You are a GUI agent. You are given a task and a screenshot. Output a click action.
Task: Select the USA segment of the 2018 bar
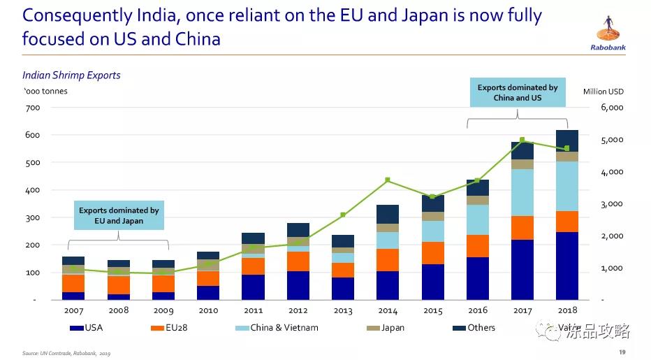[x=566, y=266]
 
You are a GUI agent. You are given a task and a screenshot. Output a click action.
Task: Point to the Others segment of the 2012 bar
[x=298, y=230]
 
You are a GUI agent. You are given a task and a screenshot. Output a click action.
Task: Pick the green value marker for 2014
[x=387, y=180]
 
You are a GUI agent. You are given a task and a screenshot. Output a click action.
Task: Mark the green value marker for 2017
[x=522, y=140]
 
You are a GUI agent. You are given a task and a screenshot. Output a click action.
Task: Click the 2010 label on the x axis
[x=207, y=310]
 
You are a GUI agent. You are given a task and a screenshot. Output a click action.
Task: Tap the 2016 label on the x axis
[x=477, y=310]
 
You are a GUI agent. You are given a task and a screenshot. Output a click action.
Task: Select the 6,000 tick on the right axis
[x=611, y=108]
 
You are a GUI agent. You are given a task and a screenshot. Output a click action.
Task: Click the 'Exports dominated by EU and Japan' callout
[x=119, y=215]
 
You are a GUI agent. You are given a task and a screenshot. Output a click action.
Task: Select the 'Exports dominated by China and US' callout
[x=518, y=92]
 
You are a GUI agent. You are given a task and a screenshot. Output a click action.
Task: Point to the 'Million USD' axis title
[x=603, y=92]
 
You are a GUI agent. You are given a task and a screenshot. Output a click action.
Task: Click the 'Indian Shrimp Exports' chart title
[x=71, y=75]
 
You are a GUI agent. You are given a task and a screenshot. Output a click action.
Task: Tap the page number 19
[x=622, y=352]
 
